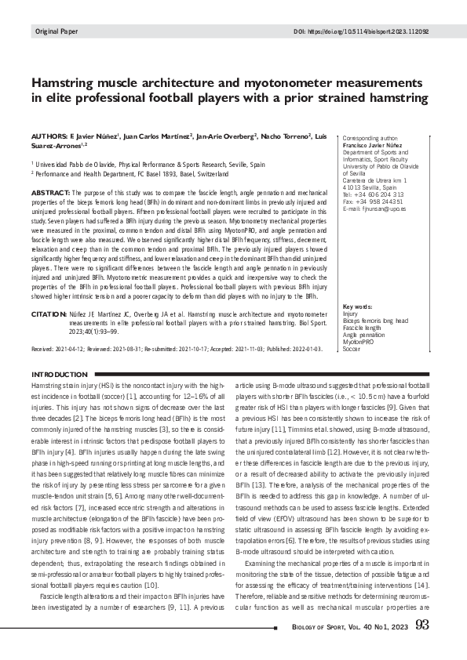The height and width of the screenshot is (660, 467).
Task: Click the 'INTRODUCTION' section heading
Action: pyautogui.click(x=58, y=375)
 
